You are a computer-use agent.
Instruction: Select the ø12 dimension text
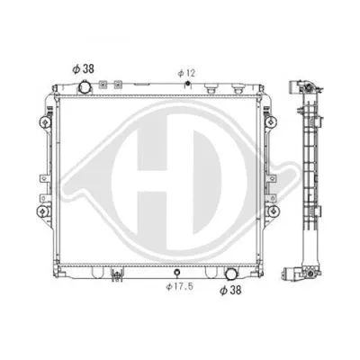click(x=186, y=71)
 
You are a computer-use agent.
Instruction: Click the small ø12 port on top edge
click(x=186, y=85)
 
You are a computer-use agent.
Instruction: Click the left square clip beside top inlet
click(x=103, y=85)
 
